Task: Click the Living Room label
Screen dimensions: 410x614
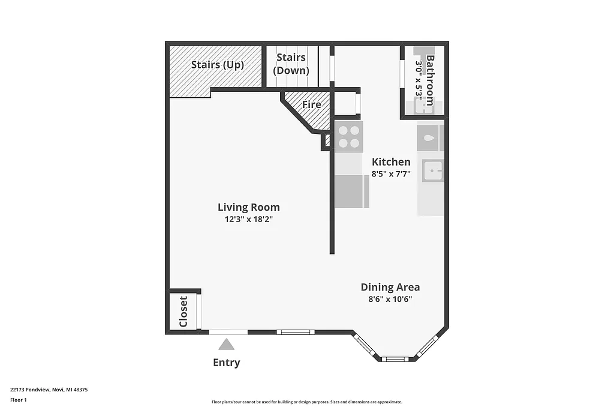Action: click(248, 207)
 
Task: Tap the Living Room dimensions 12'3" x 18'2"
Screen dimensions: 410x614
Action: click(248, 219)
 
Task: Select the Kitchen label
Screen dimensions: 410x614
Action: click(391, 161)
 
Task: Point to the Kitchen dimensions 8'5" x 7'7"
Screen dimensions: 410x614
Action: click(391, 174)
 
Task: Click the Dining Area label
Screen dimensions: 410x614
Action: click(390, 287)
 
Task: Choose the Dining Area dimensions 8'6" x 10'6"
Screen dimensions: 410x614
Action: click(390, 299)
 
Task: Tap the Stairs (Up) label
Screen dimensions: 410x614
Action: click(217, 65)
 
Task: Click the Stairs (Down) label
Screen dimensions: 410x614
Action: click(291, 64)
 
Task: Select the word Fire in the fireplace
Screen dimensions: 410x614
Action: click(311, 104)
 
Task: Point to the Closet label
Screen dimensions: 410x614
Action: click(183, 312)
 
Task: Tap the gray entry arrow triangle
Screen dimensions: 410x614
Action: click(226, 344)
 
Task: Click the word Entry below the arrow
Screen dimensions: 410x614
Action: click(226, 363)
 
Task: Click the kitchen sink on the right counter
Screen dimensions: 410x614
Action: click(431, 171)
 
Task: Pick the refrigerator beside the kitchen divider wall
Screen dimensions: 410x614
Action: click(351, 191)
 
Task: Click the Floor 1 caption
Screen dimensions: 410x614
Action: click(19, 400)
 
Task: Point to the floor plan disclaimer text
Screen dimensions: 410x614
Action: click(306, 402)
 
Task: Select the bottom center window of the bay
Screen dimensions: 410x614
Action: click(395, 359)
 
